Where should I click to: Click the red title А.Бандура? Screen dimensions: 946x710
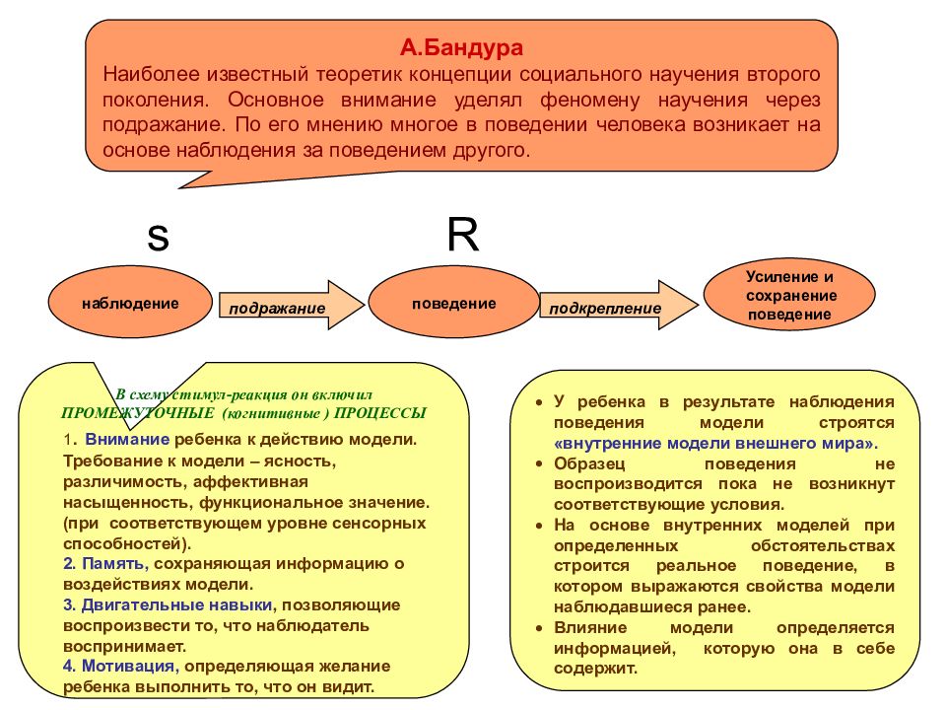coord(461,47)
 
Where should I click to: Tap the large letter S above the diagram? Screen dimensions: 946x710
coord(158,238)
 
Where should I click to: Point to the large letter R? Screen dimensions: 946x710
coord(463,234)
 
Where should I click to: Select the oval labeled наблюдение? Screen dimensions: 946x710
coord(130,303)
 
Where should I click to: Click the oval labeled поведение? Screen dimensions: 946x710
coord(453,303)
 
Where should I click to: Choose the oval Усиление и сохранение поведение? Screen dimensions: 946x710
coord(789,296)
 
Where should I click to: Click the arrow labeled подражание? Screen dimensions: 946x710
coord(292,305)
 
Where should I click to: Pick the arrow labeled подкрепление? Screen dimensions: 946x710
coord(619,305)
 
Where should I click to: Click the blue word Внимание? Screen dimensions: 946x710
coord(127,440)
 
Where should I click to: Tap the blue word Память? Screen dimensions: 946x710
coord(114,564)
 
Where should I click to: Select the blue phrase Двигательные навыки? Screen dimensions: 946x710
coord(176,604)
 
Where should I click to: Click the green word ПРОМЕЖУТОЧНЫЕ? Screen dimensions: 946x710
coord(138,413)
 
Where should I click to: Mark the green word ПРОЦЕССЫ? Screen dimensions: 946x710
coord(380,413)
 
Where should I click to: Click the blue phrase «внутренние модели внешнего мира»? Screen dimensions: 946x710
coord(716,444)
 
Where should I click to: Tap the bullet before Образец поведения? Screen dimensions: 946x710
coord(539,464)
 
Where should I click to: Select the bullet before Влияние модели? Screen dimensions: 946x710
coord(539,628)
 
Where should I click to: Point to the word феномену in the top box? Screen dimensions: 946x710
coord(590,100)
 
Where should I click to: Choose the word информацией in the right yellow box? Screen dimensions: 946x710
coord(615,649)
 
